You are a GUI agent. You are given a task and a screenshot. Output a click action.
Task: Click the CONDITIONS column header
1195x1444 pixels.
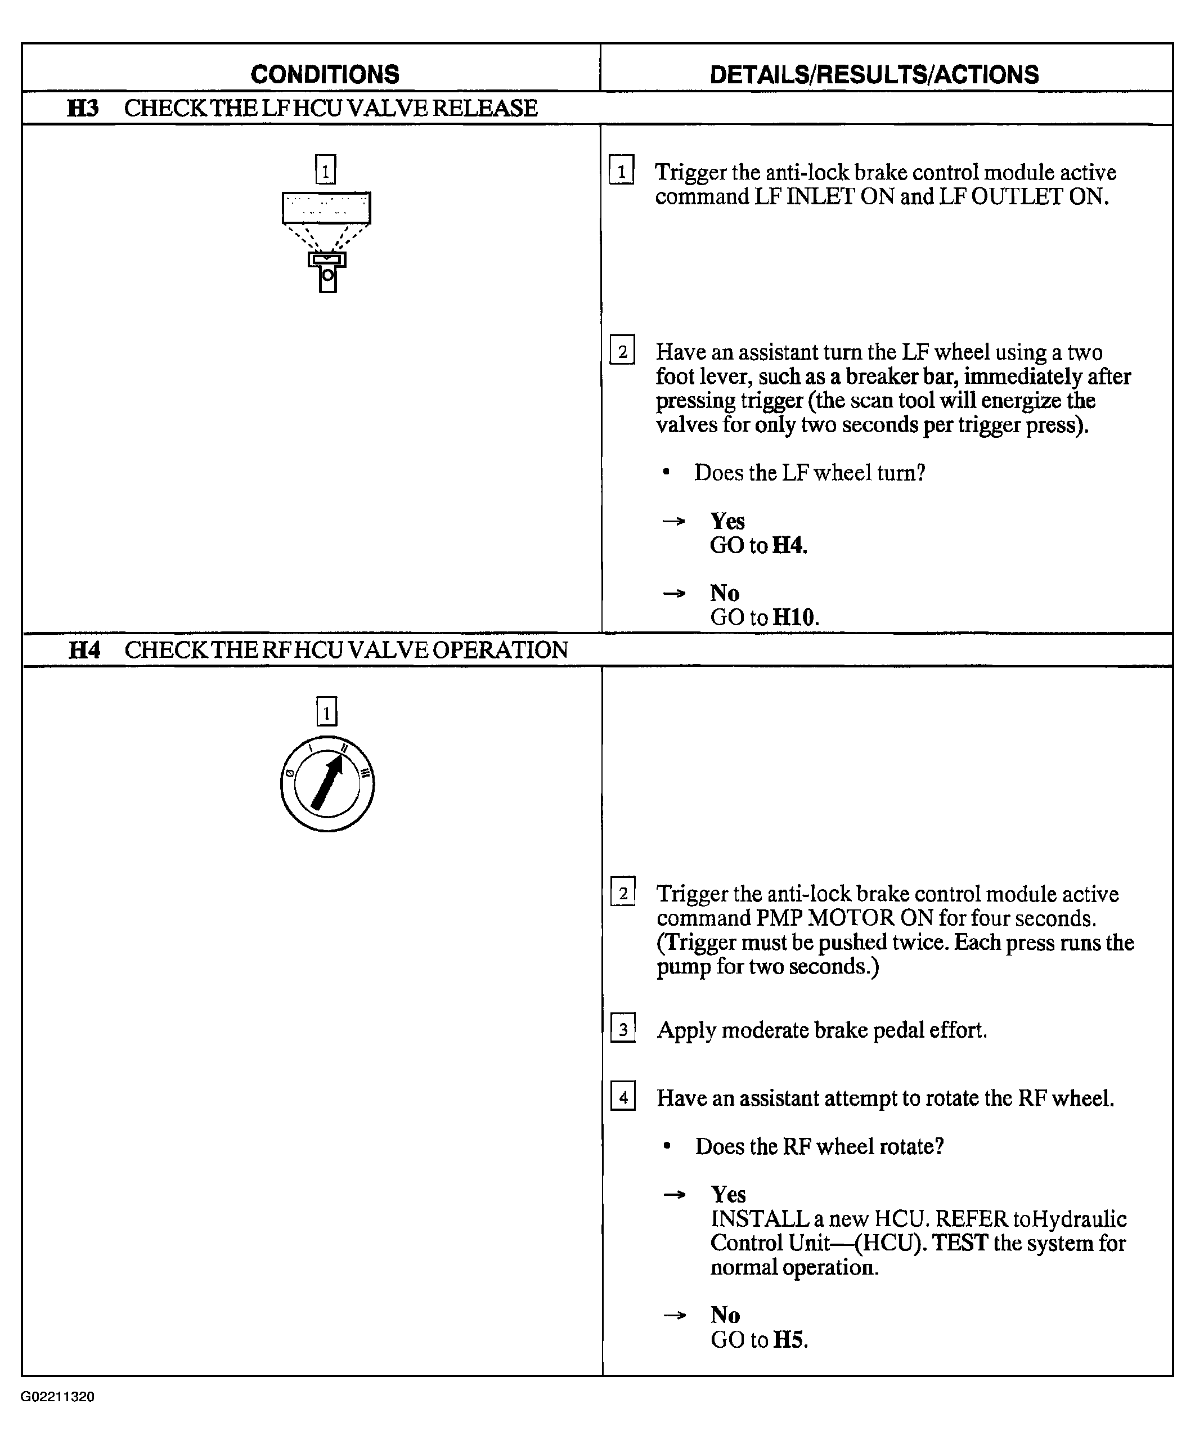tap(325, 74)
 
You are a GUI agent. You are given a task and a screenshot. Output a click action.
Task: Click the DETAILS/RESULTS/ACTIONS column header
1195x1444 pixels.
tap(874, 74)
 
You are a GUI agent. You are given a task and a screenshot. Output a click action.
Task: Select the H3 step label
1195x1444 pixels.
tap(83, 109)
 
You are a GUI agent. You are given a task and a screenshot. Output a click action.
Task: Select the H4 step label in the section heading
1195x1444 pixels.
tap(84, 650)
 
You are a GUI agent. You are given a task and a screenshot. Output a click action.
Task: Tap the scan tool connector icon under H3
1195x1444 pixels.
tap(326, 241)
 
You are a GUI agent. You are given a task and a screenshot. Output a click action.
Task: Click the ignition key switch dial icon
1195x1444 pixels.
tap(327, 784)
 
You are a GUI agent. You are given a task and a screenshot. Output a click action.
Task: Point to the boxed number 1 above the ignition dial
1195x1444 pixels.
tap(326, 711)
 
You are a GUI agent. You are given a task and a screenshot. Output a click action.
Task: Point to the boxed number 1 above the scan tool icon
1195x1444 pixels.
tap(325, 169)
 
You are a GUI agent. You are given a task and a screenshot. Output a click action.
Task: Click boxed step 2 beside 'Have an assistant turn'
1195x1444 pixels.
tap(622, 351)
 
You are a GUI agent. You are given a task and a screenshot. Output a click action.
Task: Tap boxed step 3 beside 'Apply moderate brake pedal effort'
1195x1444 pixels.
tap(623, 1029)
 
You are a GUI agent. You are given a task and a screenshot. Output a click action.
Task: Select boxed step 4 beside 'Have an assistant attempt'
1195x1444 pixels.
tap(623, 1096)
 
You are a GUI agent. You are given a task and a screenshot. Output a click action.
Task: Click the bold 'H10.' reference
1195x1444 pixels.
tap(796, 617)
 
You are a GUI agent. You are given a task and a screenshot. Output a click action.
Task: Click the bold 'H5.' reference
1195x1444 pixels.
tap(790, 1339)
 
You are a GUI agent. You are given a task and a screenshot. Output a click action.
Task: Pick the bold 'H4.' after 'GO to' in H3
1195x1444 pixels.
tap(789, 546)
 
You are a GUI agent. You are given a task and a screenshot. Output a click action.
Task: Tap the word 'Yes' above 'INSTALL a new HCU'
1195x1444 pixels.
tap(727, 1194)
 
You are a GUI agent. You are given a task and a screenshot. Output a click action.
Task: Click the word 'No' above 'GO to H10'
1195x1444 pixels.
tap(725, 593)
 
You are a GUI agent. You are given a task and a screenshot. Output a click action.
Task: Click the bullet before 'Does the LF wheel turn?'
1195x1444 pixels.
tap(666, 473)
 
